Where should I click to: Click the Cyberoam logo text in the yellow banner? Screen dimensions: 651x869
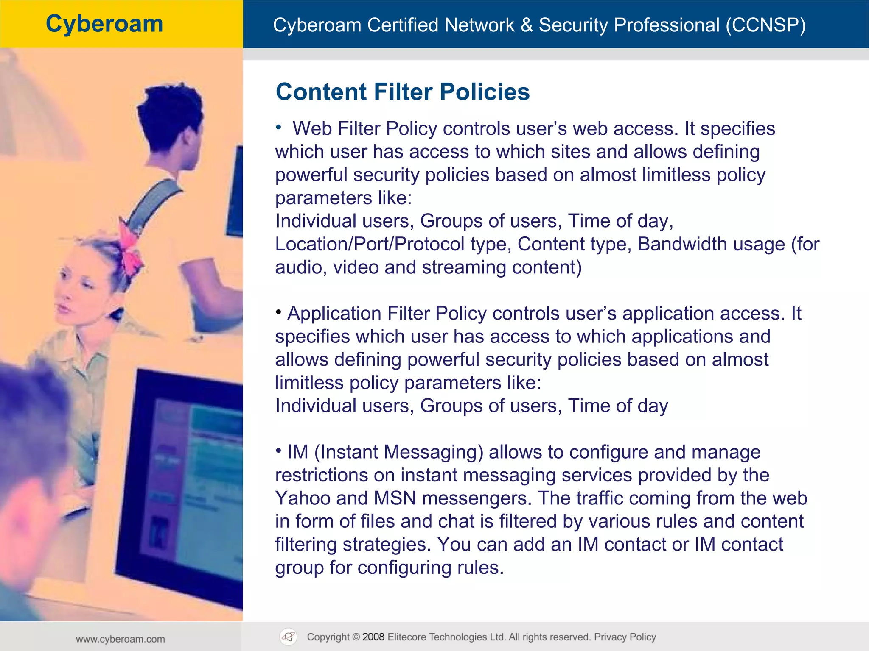click(104, 24)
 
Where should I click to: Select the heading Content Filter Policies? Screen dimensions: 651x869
click(402, 92)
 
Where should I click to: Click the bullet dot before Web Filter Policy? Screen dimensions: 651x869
click(278, 127)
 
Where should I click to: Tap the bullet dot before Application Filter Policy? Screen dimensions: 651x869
click(278, 312)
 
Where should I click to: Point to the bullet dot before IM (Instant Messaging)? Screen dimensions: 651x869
click(278, 451)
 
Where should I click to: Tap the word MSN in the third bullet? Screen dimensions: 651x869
click(395, 498)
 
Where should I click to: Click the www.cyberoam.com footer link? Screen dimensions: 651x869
click(121, 639)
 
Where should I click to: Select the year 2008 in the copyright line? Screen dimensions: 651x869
click(373, 637)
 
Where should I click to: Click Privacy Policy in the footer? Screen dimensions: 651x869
click(625, 637)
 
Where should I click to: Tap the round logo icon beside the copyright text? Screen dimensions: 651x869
click(289, 637)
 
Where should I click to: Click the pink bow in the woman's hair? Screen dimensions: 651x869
click(129, 250)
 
